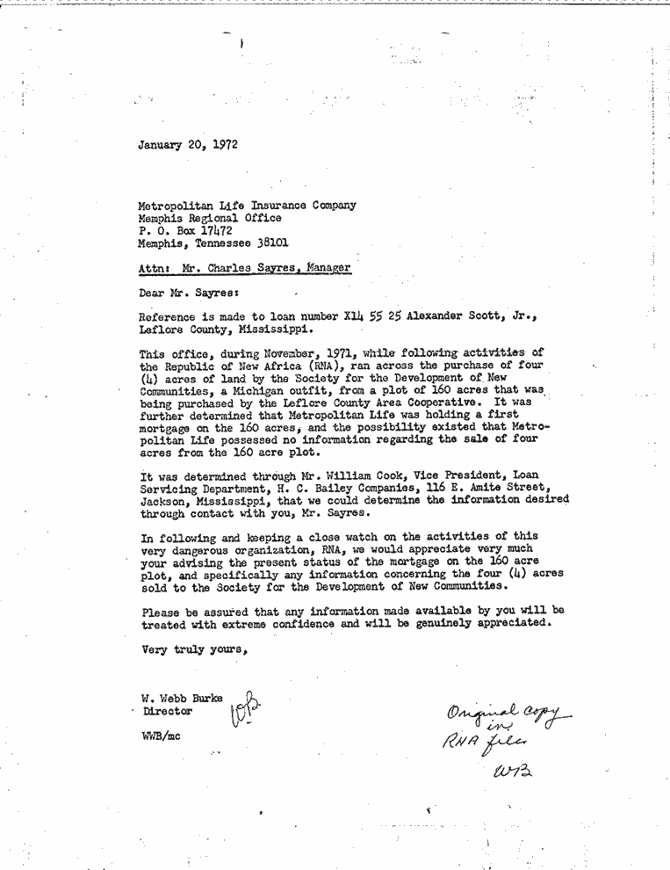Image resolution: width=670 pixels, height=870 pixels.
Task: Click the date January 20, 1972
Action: (x=188, y=145)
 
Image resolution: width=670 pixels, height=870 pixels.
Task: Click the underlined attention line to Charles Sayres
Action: (x=245, y=268)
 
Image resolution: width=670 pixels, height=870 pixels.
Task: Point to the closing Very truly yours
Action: (x=194, y=650)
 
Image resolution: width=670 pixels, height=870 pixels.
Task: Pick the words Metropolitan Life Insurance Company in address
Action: (x=248, y=205)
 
